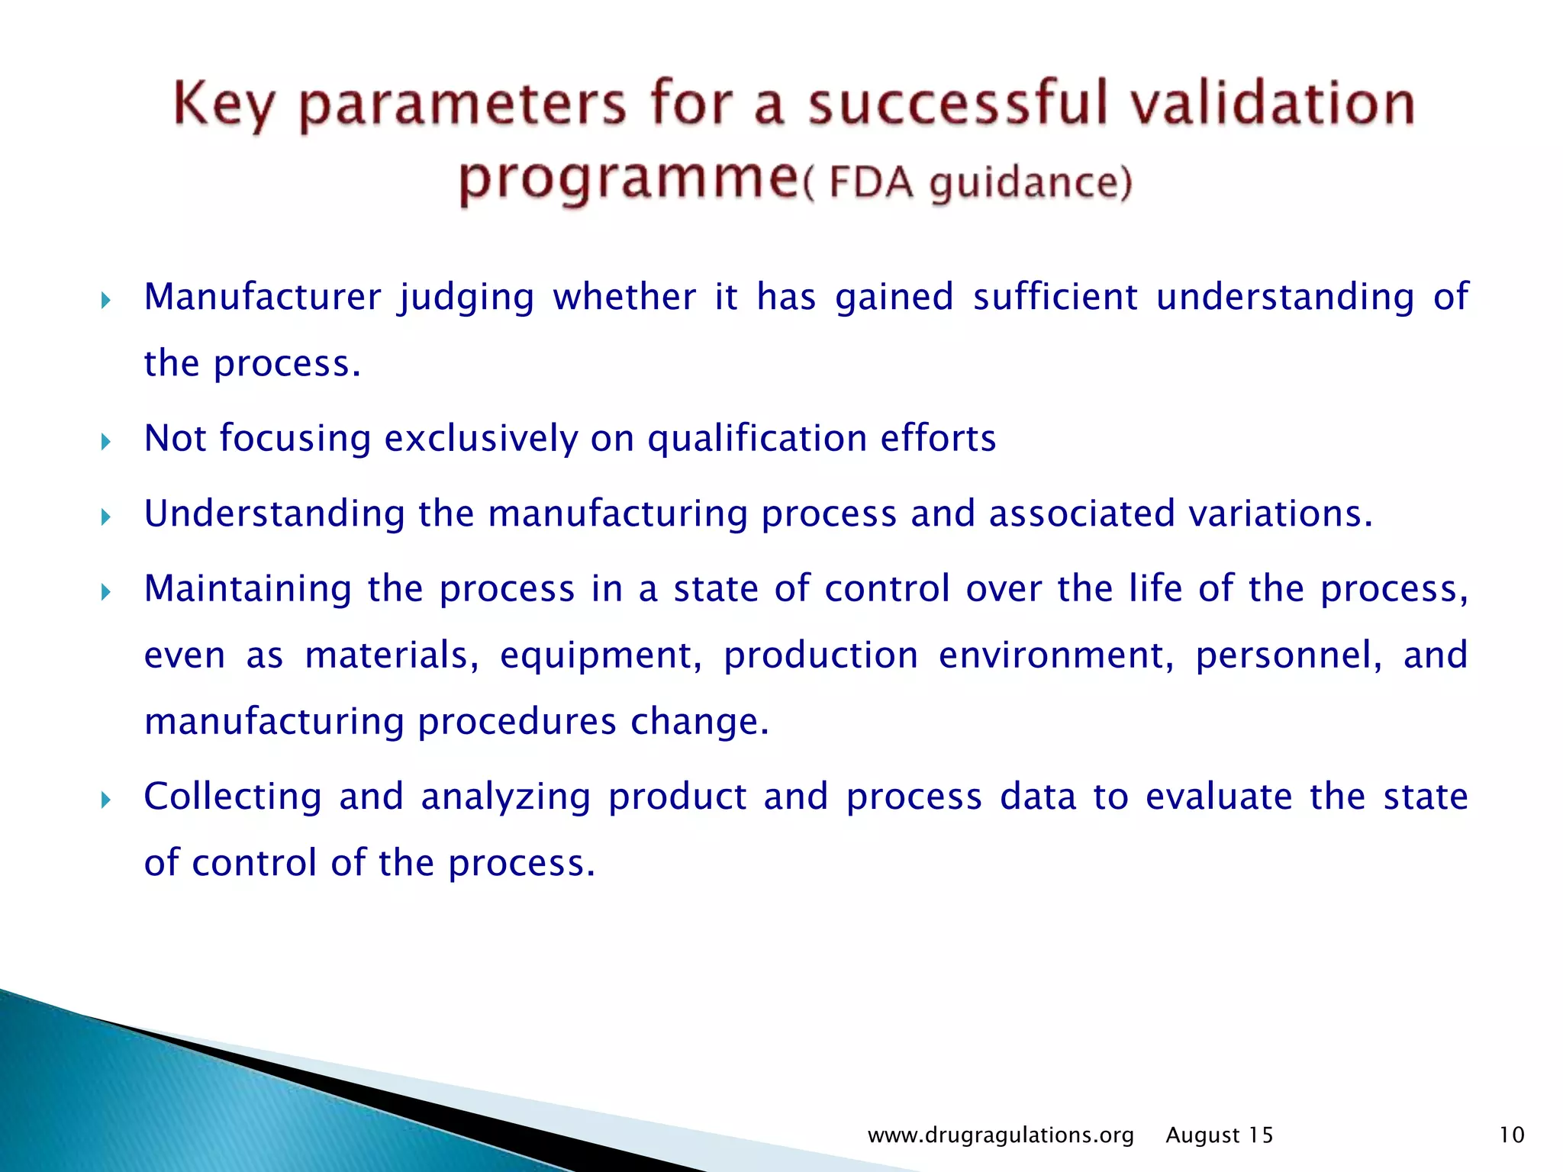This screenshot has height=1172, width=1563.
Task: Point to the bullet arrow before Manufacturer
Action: pyautogui.click(x=106, y=300)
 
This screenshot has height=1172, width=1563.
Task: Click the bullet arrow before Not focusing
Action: pyautogui.click(x=106, y=441)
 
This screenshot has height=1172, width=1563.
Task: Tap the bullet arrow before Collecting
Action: pyautogui.click(x=106, y=800)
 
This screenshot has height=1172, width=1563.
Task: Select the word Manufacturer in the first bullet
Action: pyautogui.click(x=263, y=297)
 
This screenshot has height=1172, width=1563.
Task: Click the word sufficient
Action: pyautogui.click(x=1055, y=297)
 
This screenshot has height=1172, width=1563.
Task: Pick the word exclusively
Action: pyautogui.click(x=481, y=439)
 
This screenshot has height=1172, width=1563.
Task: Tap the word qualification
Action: pyautogui.click(x=757, y=439)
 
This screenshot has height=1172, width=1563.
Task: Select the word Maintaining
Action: pyautogui.click(x=248, y=588)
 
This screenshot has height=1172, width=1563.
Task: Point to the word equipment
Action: pyautogui.click(x=601, y=655)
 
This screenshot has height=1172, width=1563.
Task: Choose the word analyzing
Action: pyautogui.click(x=505, y=797)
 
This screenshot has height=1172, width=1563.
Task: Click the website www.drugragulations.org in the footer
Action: pyautogui.click(x=1001, y=1135)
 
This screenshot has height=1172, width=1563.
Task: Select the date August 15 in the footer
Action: pyautogui.click(x=1220, y=1135)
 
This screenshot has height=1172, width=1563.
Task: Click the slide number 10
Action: pyautogui.click(x=1511, y=1135)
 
